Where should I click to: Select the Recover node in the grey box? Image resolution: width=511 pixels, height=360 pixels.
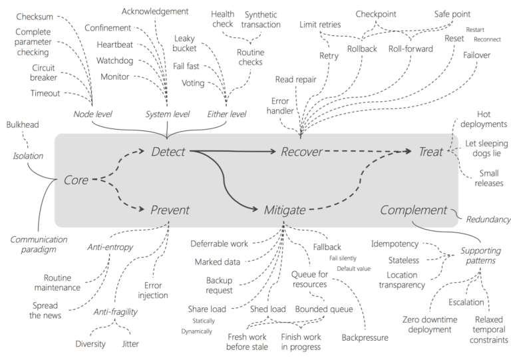[x=301, y=152]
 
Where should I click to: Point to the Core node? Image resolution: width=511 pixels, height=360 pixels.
[x=77, y=180]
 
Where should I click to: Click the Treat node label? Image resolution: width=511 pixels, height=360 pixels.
[x=431, y=152]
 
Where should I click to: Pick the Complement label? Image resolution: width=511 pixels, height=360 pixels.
[x=414, y=210]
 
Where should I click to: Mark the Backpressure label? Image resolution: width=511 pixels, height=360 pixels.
[x=365, y=338]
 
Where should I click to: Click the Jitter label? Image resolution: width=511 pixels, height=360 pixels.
[x=130, y=344]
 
